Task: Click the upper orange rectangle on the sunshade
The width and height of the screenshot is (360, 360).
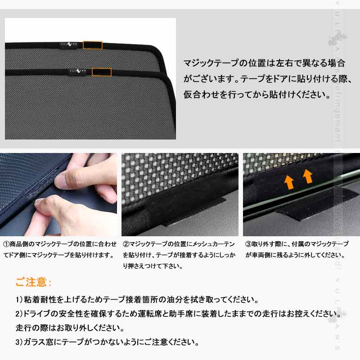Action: tap(92, 45)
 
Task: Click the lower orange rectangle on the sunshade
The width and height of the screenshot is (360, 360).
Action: tap(101, 72)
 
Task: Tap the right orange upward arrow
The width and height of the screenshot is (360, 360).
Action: tap(308, 176)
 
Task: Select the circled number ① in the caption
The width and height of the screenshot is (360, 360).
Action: tap(6, 244)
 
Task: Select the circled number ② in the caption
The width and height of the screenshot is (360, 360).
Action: tap(126, 244)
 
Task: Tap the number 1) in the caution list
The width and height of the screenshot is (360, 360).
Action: tap(19, 300)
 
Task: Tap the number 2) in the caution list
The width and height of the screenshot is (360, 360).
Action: tap(19, 314)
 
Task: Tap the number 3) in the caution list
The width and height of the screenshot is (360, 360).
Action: tap(19, 342)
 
